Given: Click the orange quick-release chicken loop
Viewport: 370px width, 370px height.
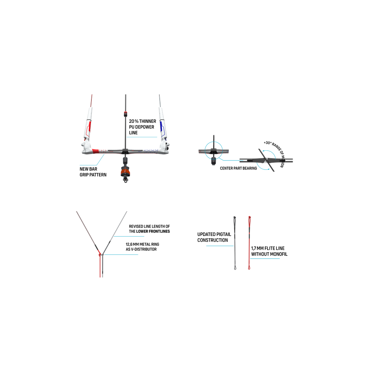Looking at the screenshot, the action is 125,171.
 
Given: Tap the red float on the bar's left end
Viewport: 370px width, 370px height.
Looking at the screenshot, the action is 88,128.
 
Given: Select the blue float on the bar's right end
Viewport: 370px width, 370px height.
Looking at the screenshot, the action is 162,128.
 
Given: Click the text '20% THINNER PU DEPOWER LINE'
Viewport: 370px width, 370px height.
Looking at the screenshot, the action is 142,127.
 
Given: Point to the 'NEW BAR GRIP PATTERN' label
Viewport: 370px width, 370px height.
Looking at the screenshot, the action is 93,172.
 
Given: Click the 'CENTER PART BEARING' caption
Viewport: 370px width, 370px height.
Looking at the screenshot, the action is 238,168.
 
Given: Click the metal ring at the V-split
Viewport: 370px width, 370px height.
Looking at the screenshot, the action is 101,254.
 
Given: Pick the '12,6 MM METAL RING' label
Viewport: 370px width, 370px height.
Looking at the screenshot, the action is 142,244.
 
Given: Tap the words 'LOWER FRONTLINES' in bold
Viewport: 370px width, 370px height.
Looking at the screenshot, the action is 153,231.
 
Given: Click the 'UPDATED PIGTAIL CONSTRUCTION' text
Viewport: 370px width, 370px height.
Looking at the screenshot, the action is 214,237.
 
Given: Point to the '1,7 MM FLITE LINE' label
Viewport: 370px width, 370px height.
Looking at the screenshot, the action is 268,248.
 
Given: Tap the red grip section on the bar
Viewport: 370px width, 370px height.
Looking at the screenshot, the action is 95,151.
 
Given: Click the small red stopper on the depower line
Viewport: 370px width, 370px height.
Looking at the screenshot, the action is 125,114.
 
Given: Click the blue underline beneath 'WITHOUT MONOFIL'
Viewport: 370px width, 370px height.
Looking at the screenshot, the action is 265,259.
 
